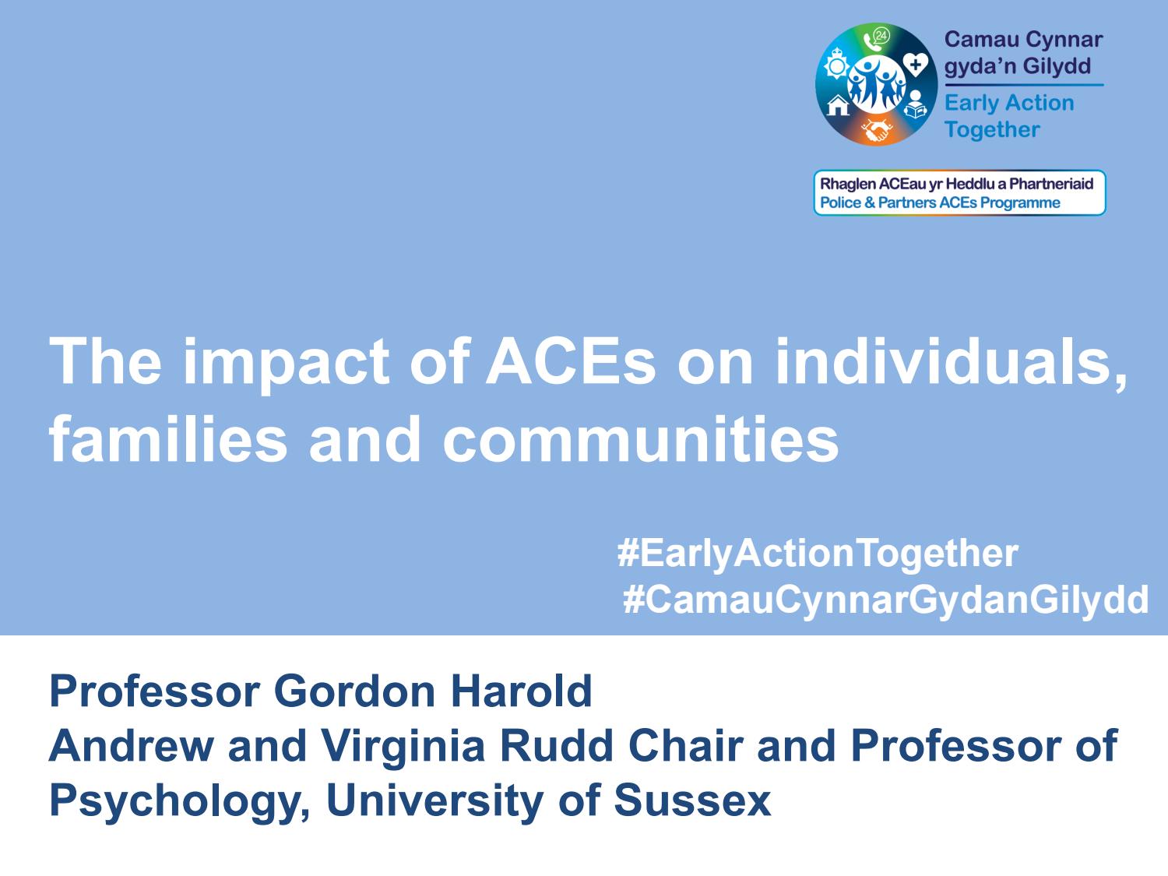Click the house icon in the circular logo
[838, 105]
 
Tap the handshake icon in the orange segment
[878, 129]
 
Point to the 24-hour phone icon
[878, 38]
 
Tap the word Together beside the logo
[992, 129]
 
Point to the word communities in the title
[641, 438]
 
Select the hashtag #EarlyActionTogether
[817, 553]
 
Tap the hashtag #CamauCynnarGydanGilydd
[885, 600]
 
